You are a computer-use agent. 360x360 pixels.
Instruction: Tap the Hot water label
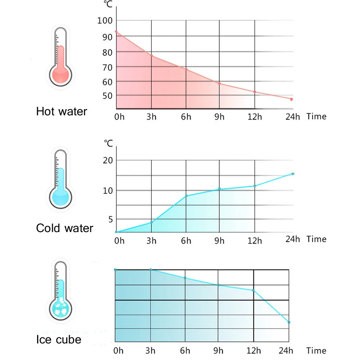pyautogui.click(x=62, y=111)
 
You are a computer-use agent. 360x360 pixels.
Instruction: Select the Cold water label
pyautogui.click(x=64, y=228)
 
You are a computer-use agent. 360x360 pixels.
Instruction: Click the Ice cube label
pyautogui.click(x=59, y=339)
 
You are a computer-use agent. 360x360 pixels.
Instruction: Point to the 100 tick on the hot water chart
pyautogui.click(x=105, y=21)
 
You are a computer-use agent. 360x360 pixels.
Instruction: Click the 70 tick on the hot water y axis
pyautogui.click(x=107, y=68)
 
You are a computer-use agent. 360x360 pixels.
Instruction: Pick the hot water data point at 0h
pyautogui.click(x=116, y=32)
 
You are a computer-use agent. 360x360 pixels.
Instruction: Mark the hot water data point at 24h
pyautogui.click(x=292, y=99)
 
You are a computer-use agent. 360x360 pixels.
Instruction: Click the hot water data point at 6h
pyautogui.click(x=186, y=69)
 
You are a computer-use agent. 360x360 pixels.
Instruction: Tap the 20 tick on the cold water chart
pyautogui.click(x=108, y=160)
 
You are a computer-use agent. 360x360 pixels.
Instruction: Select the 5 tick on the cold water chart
pyautogui.click(x=111, y=219)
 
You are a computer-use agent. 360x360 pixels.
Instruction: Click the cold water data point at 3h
pyautogui.click(x=152, y=222)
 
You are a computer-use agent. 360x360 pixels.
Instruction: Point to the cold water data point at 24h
pyautogui.click(x=293, y=174)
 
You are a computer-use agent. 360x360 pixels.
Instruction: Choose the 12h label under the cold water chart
pyautogui.click(x=255, y=241)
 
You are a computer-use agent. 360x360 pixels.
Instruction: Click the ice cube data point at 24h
pyautogui.click(x=289, y=322)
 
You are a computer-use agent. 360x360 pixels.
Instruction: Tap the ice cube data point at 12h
pyautogui.click(x=253, y=290)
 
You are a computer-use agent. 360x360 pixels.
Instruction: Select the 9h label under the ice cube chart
pyautogui.click(x=219, y=351)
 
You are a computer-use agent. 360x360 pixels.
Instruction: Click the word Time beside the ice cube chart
pyautogui.click(x=316, y=351)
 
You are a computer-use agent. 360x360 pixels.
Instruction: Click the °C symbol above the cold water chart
pyautogui.click(x=109, y=143)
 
